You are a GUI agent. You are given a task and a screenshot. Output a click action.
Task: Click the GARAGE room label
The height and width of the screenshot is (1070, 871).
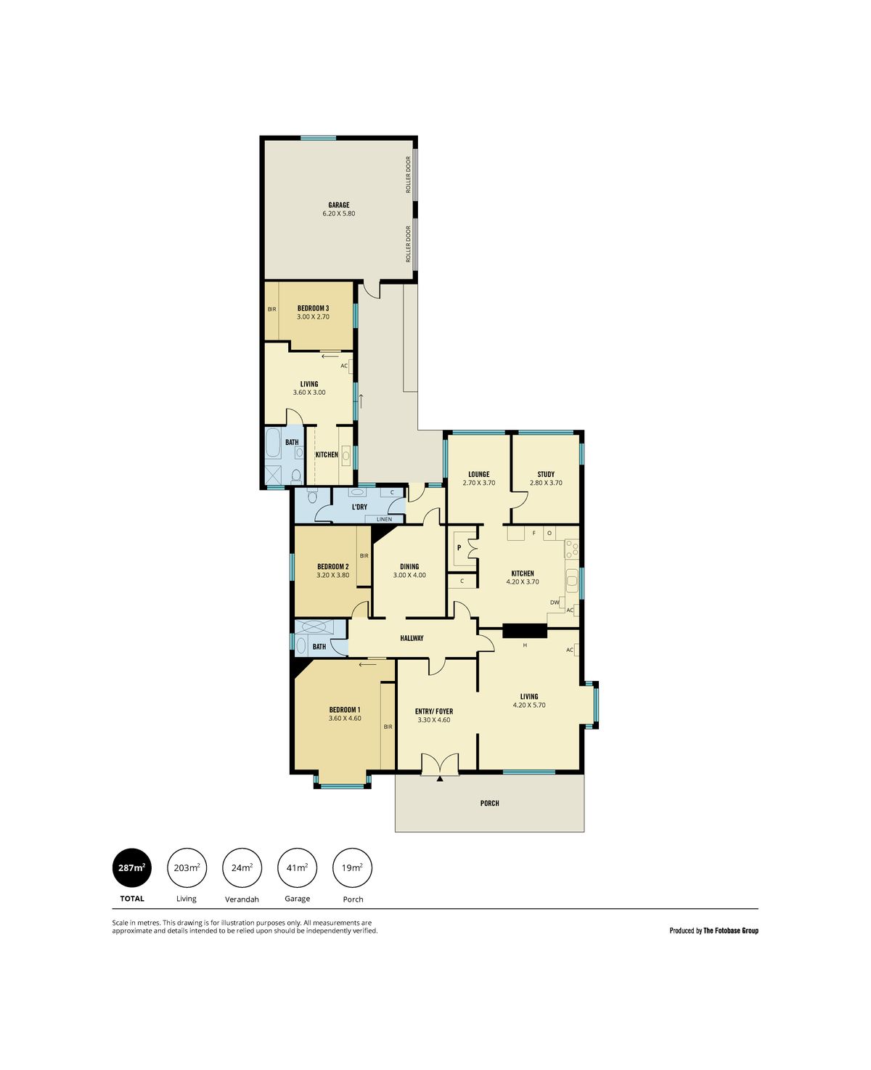point(338,205)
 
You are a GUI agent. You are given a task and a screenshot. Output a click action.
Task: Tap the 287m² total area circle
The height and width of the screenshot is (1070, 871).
point(131,867)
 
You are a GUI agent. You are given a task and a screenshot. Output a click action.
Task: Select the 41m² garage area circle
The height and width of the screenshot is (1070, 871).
point(297,867)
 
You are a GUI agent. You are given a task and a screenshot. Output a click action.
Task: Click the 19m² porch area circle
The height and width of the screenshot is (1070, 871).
point(352,867)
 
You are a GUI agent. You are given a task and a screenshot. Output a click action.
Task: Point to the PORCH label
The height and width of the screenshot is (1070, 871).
point(489,804)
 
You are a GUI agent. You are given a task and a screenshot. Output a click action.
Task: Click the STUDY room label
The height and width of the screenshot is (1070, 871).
point(546,474)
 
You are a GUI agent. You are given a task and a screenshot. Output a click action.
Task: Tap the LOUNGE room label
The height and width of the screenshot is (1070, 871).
point(479,474)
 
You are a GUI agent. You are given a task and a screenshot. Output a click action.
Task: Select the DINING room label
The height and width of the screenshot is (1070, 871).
point(409,567)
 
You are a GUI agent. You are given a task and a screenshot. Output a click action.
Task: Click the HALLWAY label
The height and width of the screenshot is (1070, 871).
point(412,638)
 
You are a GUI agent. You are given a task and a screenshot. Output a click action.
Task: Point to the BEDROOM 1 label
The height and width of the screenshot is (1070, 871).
point(345,710)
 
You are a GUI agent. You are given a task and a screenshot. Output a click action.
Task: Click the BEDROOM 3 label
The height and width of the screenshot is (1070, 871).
point(313,309)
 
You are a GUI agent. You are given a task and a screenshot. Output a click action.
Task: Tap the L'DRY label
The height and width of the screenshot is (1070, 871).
point(359,507)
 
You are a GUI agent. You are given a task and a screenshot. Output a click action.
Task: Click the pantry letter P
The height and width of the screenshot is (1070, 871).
point(459,547)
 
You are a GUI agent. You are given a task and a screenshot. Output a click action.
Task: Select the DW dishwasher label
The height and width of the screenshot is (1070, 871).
point(555,603)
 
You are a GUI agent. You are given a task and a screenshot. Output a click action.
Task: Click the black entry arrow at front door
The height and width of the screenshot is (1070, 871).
point(440,779)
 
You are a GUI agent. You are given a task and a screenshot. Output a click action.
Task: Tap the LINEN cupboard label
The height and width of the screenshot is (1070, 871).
point(384,520)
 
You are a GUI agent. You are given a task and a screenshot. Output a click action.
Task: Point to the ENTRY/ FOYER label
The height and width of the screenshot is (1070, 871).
point(433,711)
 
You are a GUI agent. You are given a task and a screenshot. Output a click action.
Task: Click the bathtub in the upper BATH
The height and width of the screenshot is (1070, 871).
point(273,443)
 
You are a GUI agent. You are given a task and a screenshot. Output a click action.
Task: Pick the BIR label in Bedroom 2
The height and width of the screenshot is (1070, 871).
point(364,555)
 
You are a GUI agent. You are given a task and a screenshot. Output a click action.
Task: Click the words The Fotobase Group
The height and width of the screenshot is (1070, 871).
point(730,931)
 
